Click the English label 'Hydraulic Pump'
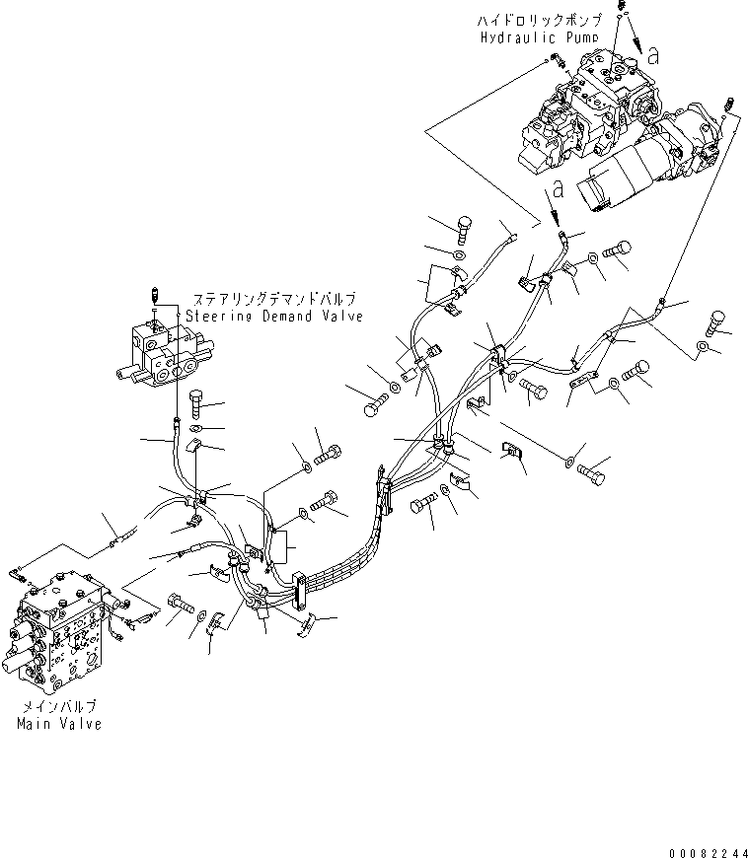pyautogui.click(x=540, y=37)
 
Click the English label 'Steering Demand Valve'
pyautogui.click(x=274, y=317)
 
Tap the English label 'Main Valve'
pyautogui.click(x=59, y=724)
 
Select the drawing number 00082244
pyautogui.click(x=708, y=852)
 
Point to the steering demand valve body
pyautogui.click(x=164, y=356)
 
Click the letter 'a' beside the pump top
pyautogui.click(x=652, y=55)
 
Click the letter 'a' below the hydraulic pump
pyautogui.click(x=558, y=189)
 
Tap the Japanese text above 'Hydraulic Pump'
pyautogui.click(x=540, y=21)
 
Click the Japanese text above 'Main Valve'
pyautogui.click(x=59, y=706)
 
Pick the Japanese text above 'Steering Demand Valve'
pyautogui.click(x=274, y=299)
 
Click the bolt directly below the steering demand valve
pyautogui.click(x=196, y=402)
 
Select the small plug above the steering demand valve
pyautogui.click(x=154, y=295)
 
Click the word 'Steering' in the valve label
pyautogui.click(x=218, y=317)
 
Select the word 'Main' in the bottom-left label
pyautogui.click(x=33, y=724)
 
